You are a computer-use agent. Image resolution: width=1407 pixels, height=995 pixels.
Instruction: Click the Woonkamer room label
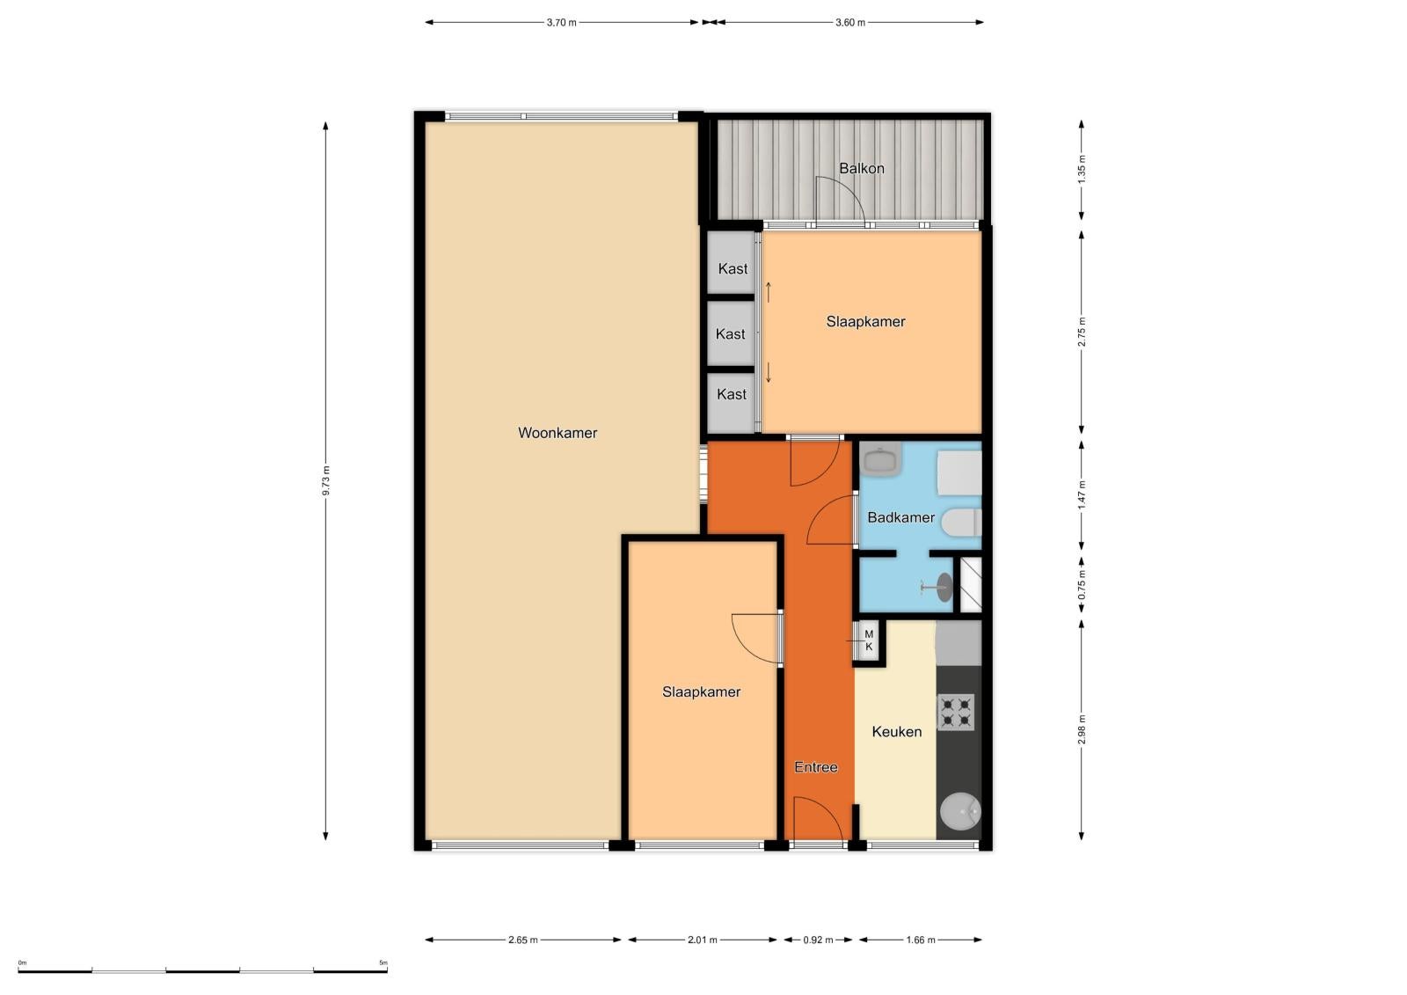558,433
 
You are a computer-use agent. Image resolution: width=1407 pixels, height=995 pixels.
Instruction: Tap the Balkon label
862,168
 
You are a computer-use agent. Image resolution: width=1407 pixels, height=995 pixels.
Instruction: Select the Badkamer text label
900,517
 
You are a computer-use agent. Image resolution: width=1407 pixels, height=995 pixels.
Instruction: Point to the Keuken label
896,732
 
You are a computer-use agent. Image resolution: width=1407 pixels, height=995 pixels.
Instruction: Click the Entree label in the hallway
816,767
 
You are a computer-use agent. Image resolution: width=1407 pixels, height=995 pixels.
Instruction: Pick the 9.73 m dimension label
325,481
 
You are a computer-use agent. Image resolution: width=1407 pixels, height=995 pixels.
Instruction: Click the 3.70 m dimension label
561,23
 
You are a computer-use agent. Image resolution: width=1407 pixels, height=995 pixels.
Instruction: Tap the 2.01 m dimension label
703,940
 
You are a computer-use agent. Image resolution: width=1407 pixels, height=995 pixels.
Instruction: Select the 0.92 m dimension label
818,940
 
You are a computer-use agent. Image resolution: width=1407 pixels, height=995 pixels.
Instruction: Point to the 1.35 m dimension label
1081,169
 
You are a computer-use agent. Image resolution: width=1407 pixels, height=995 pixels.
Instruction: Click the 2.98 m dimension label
1081,729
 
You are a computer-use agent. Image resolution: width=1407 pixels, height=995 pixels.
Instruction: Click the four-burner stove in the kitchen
955,712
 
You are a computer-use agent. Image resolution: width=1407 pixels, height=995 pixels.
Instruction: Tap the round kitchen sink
959,811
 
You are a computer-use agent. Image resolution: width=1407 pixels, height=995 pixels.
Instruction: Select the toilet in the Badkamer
961,523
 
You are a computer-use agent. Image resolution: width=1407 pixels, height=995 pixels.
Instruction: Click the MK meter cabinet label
869,640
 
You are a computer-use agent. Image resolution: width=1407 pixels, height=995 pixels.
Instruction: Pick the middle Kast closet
731,333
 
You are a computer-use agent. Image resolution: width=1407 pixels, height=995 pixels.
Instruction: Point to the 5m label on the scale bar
383,962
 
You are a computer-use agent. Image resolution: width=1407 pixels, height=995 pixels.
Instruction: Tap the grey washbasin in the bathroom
880,459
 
